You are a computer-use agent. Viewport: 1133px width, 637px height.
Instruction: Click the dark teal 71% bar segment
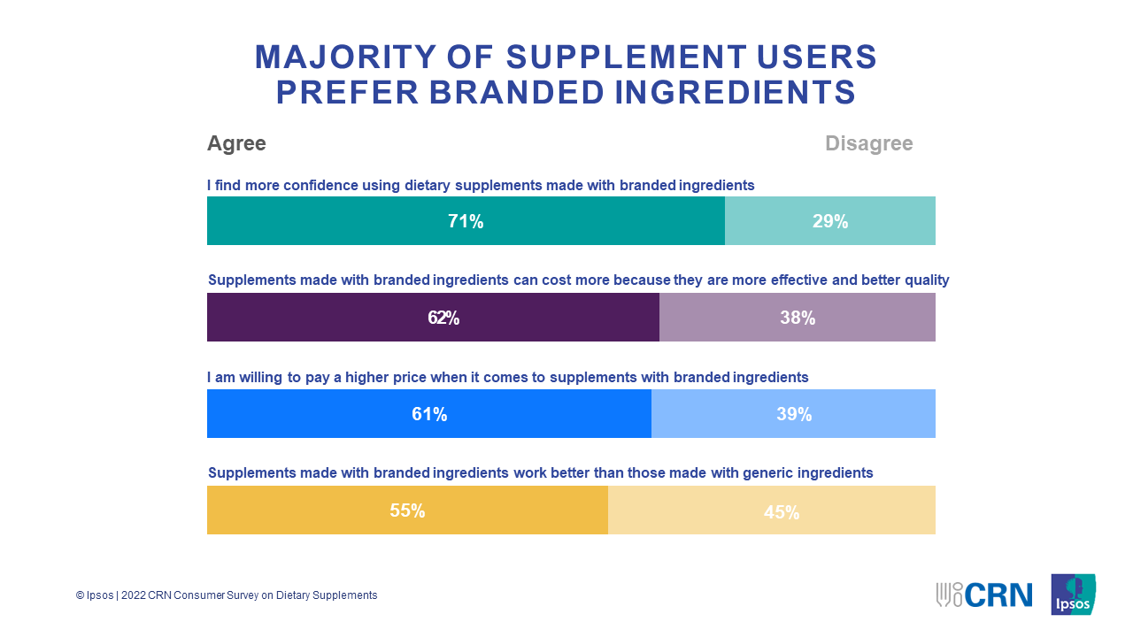pos(466,221)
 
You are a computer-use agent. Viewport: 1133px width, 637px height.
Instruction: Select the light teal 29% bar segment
pos(830,221)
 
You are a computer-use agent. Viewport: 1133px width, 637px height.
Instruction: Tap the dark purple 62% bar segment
pos(433,318)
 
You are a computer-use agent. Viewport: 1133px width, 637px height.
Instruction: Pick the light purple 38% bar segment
pos(798,318)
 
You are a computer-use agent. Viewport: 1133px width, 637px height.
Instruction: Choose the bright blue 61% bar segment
pos(429,414)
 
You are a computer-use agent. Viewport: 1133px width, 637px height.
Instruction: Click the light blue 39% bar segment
pos(794,414)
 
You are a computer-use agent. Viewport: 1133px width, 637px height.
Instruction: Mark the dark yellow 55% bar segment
pos(407,510)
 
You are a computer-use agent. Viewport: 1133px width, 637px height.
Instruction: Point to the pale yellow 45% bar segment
pos(772,510)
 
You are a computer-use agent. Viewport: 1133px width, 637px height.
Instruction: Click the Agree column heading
pos(236,143)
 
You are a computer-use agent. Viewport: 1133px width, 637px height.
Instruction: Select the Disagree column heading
pos(868,143)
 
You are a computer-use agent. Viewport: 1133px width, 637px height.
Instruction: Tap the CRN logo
pos(984,595)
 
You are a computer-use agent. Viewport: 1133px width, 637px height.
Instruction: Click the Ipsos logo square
pos(1073,595)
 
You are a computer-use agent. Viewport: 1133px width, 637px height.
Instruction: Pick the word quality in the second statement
pos(926,280)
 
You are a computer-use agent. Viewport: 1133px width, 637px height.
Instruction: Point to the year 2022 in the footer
pos(135,595)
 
